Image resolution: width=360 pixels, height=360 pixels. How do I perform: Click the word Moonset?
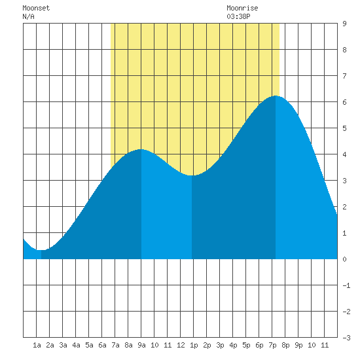coord(36,8)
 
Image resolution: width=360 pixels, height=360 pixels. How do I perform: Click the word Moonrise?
coord(242,8)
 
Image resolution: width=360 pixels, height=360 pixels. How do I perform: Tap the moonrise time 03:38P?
coord(238,16)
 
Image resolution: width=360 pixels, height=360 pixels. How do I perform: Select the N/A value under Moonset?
coord(28,16)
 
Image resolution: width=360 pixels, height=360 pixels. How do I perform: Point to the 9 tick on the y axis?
coord(344,24)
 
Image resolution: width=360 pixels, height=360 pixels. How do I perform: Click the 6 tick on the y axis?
coord(344,102)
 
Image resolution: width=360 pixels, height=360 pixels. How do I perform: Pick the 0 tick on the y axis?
coord(344,259)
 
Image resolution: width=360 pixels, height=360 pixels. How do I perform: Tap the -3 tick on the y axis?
coord(346,338)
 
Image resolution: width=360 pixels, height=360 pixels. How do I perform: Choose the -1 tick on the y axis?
coord(346,285)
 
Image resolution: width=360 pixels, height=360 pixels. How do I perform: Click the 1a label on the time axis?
coord(37,345)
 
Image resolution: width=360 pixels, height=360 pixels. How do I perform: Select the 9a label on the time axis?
coord(141,345)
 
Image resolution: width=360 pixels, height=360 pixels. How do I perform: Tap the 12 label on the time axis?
coord(181,345)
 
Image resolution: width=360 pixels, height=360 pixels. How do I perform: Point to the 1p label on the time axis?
coord(194,345)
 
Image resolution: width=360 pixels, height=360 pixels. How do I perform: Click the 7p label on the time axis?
coord(272,345)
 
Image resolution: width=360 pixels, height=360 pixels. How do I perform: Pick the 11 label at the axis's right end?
coord(325,345)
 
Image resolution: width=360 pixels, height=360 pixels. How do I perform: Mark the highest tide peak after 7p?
coord(276,96)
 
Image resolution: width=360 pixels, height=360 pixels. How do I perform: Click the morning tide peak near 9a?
coord(141,149)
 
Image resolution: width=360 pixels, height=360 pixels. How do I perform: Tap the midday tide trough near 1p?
coord(192,175)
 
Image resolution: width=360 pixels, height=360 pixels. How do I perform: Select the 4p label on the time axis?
coord(233,345)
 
